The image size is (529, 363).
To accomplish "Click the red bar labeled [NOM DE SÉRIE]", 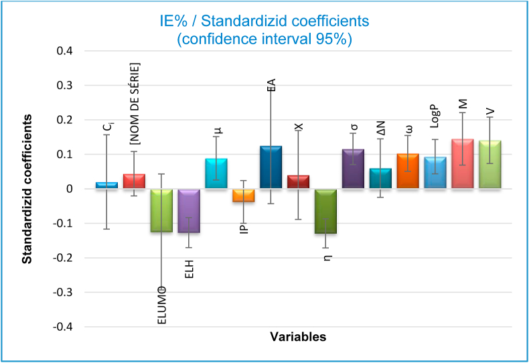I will point(134,181).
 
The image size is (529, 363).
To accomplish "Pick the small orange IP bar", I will point(244,195).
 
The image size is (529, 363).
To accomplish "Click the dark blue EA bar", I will point(271,167).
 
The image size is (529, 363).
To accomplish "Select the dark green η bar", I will point(326,211).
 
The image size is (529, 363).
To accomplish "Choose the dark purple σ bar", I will point(354,169).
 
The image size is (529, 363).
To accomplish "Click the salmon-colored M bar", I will point(463,164).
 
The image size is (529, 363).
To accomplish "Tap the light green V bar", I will point(490,165).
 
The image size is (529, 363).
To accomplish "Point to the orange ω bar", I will point(408,171).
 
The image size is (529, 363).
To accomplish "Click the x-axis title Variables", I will point(298,337).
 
